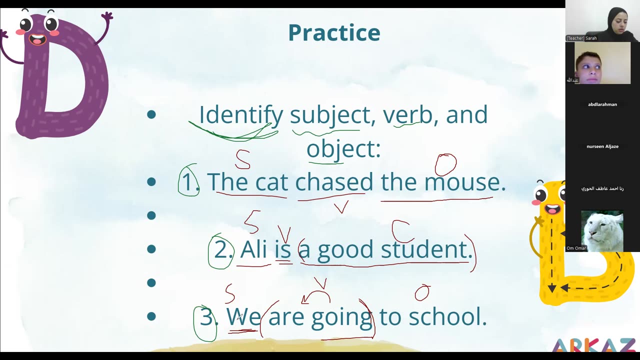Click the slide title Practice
[334, 32]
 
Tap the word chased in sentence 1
[334, 181]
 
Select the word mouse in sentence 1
[461, 181]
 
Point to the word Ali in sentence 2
[253, 249]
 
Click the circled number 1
[188, 181]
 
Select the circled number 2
[220, 249]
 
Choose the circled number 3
[205, 317]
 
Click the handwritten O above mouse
[445, 164]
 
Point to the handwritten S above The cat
[243, 158]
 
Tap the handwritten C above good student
[401, 230]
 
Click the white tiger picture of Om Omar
[602, 231]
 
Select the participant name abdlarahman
[602, 104]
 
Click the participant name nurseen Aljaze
[602, 146]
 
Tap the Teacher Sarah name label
[581, 38]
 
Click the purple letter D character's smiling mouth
[37, 38]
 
